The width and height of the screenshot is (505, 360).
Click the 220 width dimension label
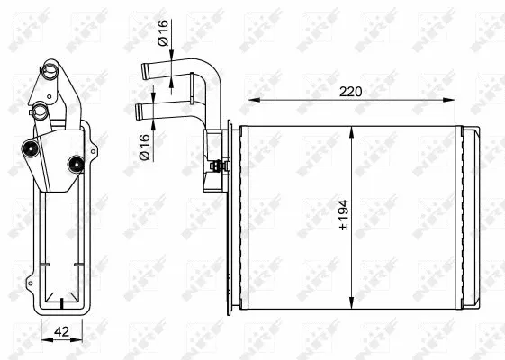[x=352, y=90]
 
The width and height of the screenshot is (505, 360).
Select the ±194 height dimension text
[x=343, y=213]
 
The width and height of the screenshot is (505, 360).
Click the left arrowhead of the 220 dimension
[x=249, y=100]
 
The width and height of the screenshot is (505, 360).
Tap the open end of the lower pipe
[x=138, y=112]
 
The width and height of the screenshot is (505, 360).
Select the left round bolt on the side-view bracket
[x=35, y=149]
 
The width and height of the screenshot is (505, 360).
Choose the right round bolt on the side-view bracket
[x=76, y=163]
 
